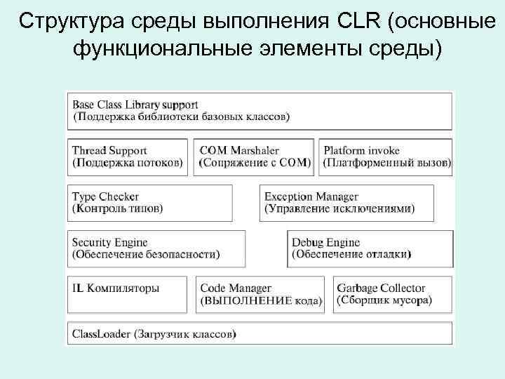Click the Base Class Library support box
pyautogui.click(x=260, y=111)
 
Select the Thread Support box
pyautogui.click(x=128, y=157)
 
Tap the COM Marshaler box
pyautogui.click(x=255, y=157)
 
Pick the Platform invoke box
pyautogui.click(x=386, y=157)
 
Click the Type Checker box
pyautogui.click(x=150, y=203)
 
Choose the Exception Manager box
pyautogui.click(x=346, y=203)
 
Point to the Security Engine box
pyautogui.click(x=156, y=248)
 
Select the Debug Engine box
pyautogui.click(x=370, y=248)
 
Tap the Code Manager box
pyautogui.click(x=260, y=294)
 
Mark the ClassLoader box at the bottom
pyautogui.click(x=260, y=334)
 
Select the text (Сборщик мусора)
pyautogui.click(x=384, y=300)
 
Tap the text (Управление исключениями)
pyautogui.click(x=339, y=209)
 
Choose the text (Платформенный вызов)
pyautogui.click(x=387, y=163)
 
